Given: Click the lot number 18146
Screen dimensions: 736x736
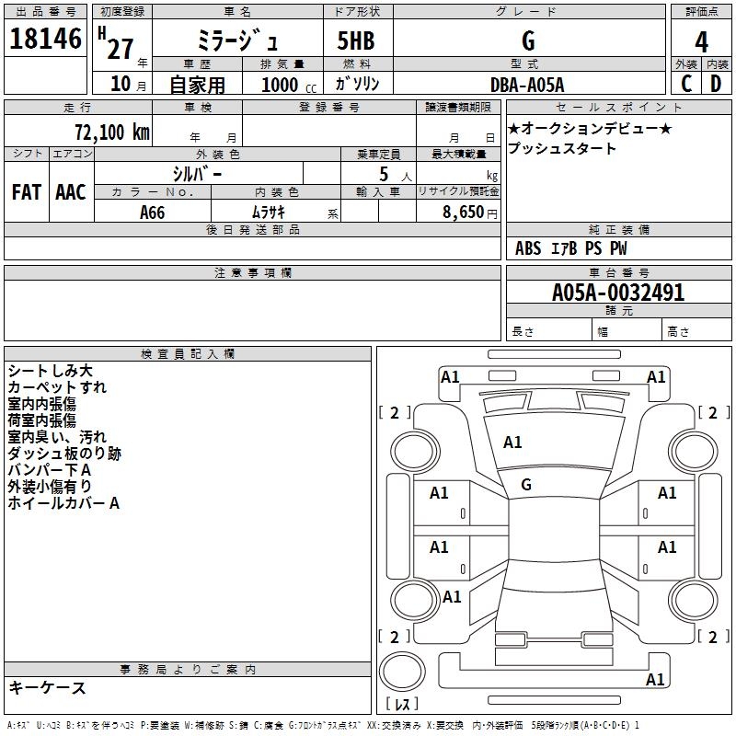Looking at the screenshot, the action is click(x=45, y=39).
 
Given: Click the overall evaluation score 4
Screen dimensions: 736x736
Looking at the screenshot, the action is click(x=702, y=41).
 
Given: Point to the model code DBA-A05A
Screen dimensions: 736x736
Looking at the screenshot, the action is click(x=528, y=84).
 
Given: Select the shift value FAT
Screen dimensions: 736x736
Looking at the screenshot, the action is click(x=26, y=192).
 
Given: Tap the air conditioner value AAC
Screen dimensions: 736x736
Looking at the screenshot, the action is click(x=71, y=192).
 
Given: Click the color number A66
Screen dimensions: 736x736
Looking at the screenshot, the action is click(x=153, y=213).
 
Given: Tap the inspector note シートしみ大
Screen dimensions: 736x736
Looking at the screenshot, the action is click(x=50, y=371).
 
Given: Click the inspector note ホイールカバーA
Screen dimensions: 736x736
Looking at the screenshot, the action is click(x=63, y=503).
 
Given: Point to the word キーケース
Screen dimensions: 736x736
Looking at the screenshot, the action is click(x=47, y=688).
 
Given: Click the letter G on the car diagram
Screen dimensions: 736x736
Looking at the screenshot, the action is click(x=526, y=485).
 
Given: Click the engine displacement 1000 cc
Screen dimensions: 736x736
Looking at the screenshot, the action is click(x=289, y=85).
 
